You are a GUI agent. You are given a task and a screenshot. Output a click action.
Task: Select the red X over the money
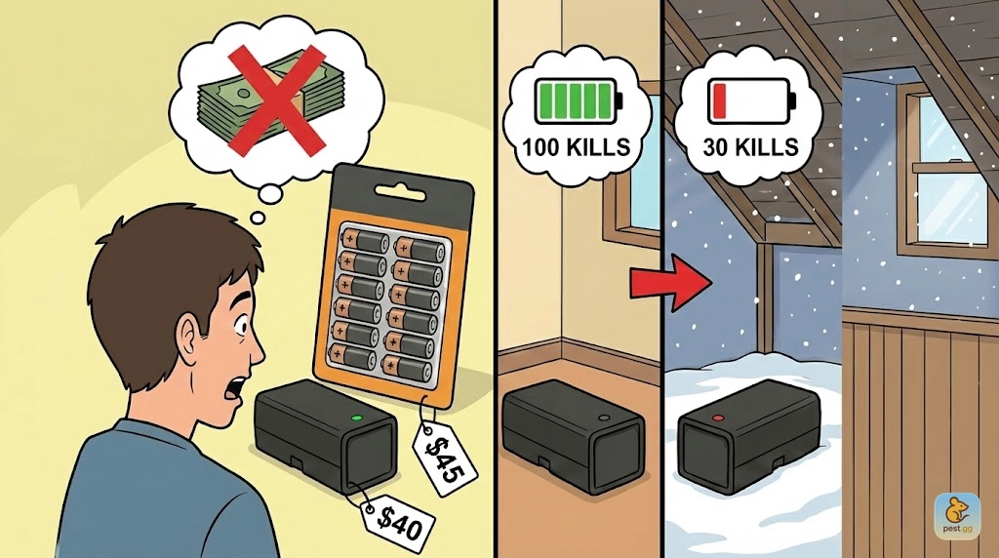(x=276, y=100)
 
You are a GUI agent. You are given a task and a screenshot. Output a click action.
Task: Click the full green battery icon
(x=579, y=100)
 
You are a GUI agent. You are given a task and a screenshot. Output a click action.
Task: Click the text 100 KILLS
(x=577, y=147)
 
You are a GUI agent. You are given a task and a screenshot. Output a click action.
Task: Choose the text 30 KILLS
(x=751, y=147)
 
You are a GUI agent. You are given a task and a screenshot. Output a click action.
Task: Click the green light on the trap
(x=356, y=418)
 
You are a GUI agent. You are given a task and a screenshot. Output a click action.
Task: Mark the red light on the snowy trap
(x=719, y=418)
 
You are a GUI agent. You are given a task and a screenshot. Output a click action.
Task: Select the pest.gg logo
(x=957, y=516)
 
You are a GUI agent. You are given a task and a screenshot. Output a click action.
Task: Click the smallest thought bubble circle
(x=258, y=219)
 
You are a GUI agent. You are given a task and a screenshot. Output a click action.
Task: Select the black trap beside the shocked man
(x=326, y=436)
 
